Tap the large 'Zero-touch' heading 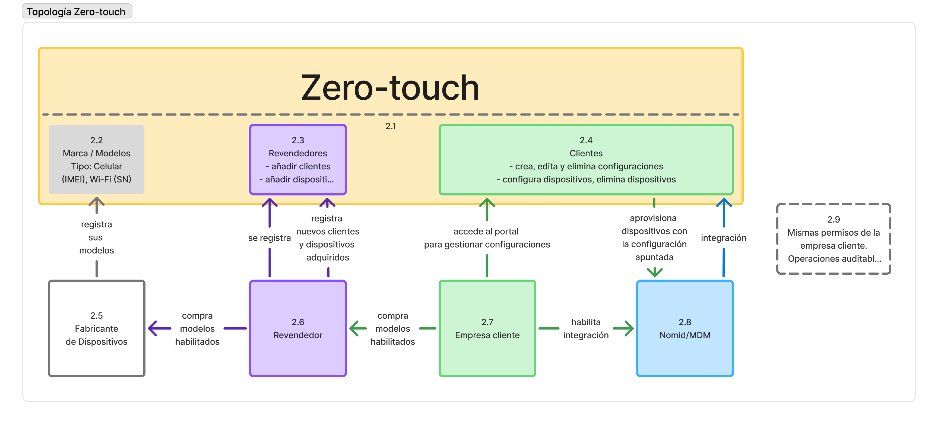(390, 87)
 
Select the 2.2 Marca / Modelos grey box (97, 160)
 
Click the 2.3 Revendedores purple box (298, 160)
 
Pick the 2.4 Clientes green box (586, 160)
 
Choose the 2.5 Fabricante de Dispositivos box (97, 328)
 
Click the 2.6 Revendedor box (298, 328)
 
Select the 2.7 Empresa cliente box (487, 328)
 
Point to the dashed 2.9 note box (834, 239)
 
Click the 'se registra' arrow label (270, 238)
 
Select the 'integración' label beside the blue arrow (724, 238)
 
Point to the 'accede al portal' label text (486, 231)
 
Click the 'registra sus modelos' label (97, 237)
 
